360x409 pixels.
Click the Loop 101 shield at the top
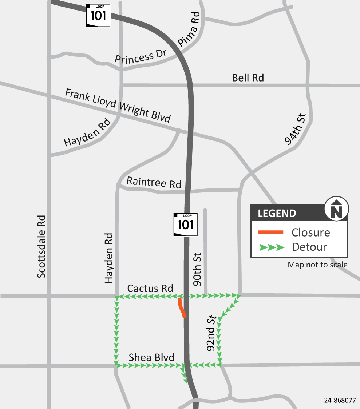(x=98, y=15)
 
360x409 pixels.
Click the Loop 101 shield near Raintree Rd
(x=186, y=224)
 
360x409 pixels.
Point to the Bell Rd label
(x=248, y=78)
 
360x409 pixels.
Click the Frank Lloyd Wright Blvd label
(x=118, y=106)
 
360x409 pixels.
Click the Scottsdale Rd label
(x=42, y=246)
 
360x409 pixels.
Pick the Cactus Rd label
(x=150, y=289)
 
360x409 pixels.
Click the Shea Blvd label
(x=151, y=357)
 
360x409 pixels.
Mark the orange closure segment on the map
(x=181, y=308)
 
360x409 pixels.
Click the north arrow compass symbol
(x=337, y=209)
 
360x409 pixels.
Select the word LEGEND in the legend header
(x=277, y=213)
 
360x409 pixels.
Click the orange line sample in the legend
(x=271, y=232)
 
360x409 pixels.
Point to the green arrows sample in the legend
(x=271, y=247)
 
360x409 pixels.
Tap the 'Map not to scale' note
(x=317, y=265)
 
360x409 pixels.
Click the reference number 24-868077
(x=340, y=400)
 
